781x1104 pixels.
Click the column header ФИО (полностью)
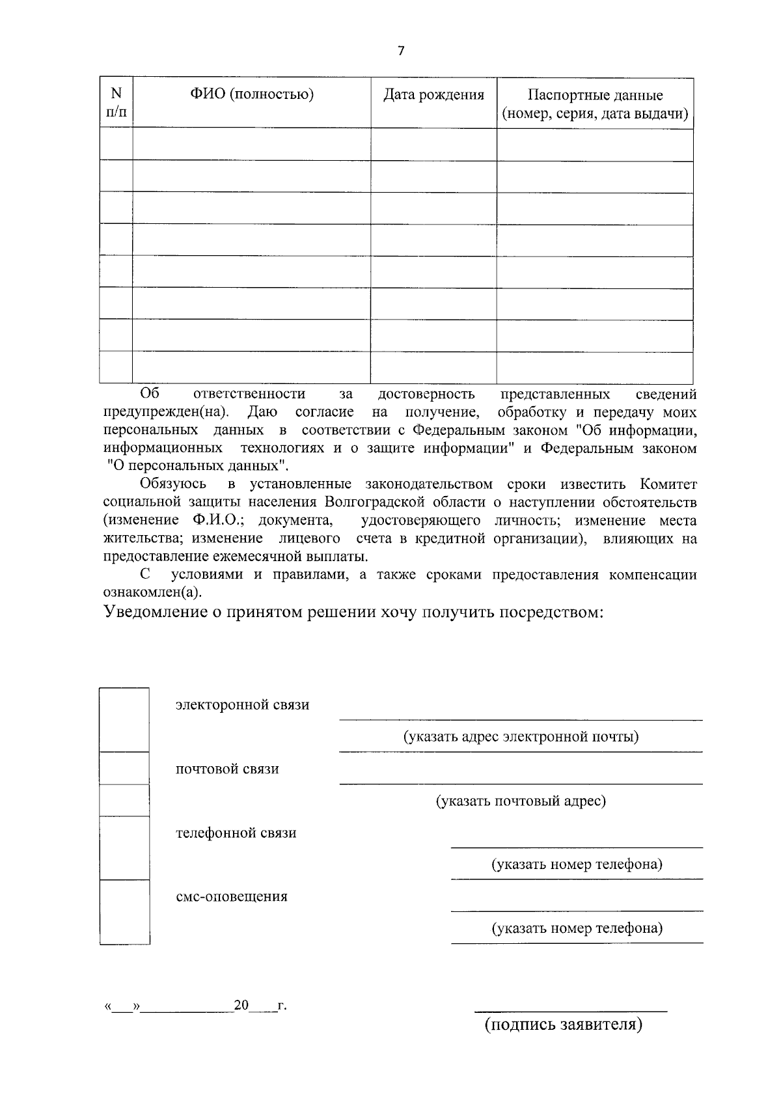252,95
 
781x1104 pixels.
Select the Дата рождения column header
433,95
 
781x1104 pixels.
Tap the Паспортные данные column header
595,105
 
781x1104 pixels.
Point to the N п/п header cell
116,103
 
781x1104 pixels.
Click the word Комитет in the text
668,484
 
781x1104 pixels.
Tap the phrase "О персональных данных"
198,466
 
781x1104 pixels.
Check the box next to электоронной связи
124,719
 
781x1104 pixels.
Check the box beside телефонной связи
124,848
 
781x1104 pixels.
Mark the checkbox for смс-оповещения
124,911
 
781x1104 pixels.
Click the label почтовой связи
227,769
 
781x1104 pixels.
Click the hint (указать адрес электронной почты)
521,737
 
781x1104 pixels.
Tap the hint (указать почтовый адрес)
521,801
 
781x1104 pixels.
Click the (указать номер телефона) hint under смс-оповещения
577,928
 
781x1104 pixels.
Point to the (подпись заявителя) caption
563,1025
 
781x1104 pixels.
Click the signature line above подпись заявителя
570,1010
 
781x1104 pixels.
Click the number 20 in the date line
241,1006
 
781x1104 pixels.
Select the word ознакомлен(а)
153,592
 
